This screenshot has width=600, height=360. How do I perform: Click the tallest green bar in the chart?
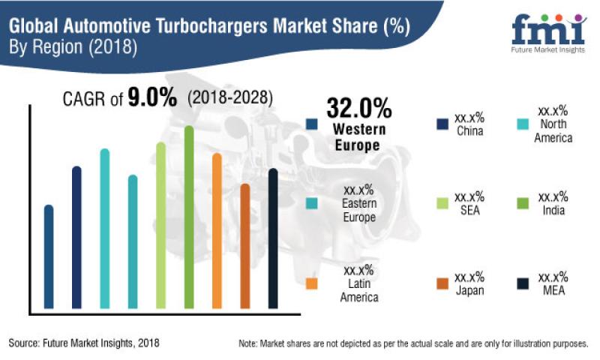click(x=189, y=217)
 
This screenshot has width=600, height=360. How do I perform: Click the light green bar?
click(x=160, y=225)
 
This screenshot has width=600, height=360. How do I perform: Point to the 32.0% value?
click(x=358, y=109)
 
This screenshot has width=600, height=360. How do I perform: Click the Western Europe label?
click(x=358, y=137)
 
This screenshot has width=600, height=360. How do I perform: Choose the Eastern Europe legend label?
click(x=358, y=210)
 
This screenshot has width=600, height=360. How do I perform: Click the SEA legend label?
click(x=469, y=210)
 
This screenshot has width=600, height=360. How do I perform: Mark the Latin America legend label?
click(x=358, y=291)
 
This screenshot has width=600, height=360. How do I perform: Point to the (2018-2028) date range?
click(x=230, y=98)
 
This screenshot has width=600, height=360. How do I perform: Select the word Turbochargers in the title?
click(x=224, y=28)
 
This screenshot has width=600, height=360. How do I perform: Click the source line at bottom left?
click(x=84, y=343)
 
